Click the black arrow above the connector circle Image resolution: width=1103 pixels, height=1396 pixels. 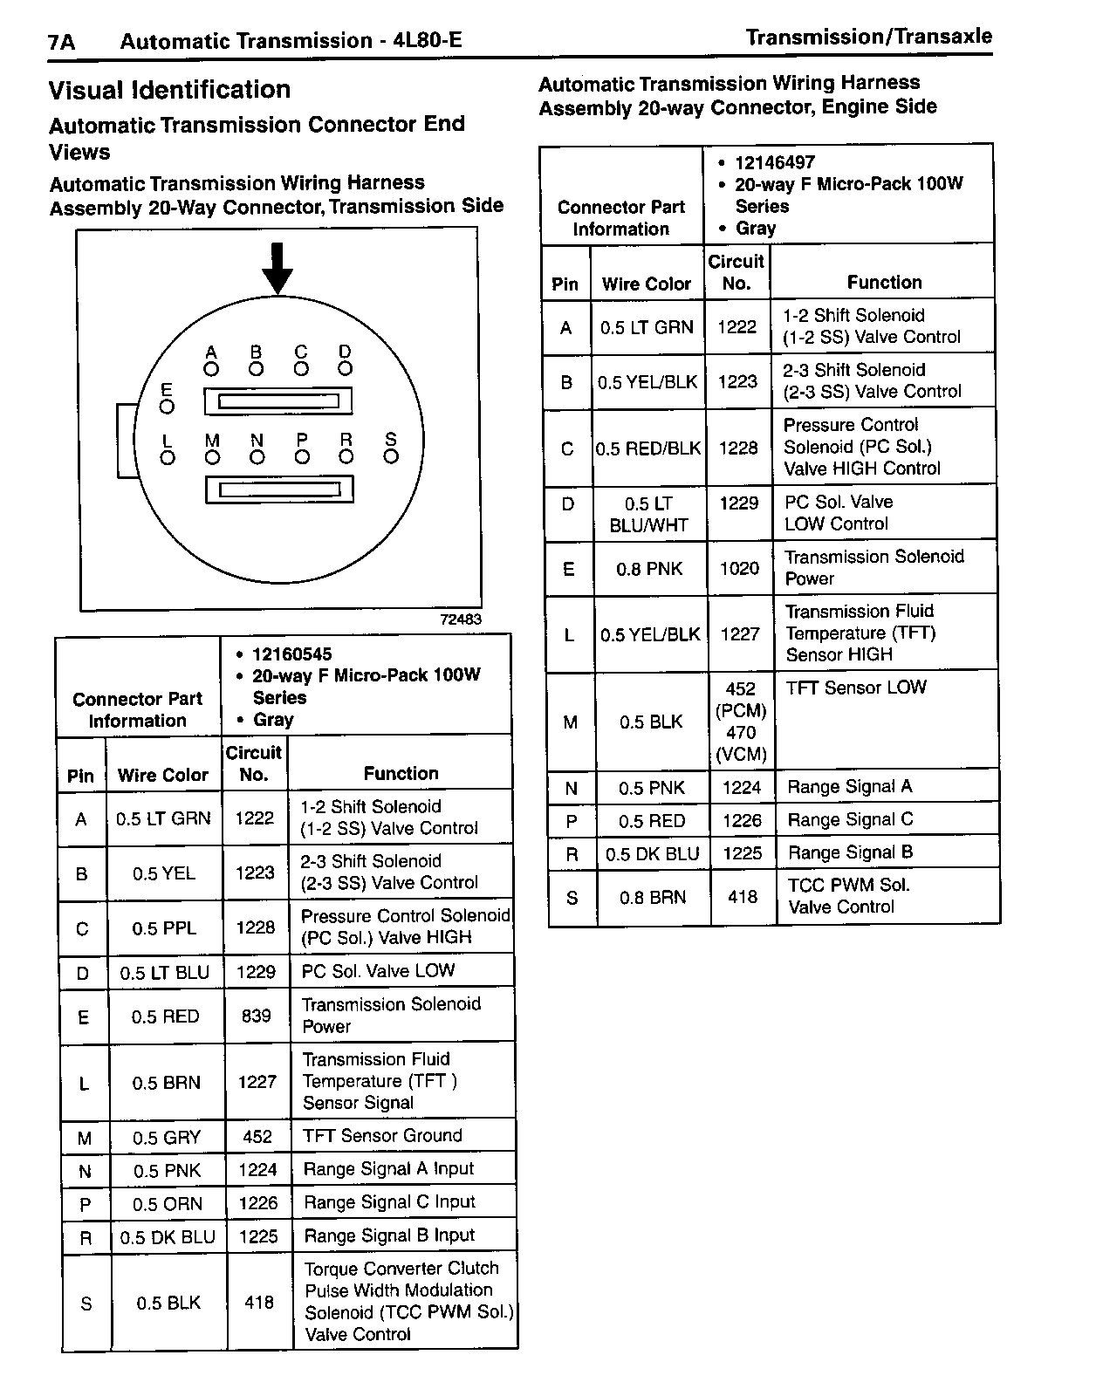tap(277, 269)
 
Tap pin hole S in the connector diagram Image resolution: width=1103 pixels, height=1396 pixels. tap(391, 456)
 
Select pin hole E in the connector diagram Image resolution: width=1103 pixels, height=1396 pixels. tap(168, 407)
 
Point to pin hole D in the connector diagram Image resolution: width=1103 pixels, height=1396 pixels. tap(346, 369)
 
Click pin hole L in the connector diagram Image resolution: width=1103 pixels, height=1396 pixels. tap(168, 457)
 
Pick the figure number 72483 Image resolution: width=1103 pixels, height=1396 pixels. tap(460, 619)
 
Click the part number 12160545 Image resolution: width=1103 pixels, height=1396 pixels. tap(291, 654)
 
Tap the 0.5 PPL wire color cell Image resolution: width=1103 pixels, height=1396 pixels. tap(164, 928)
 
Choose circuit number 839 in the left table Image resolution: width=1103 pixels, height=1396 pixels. tap(256, 1016)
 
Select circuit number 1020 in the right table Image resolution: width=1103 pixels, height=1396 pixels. tap(739, 569)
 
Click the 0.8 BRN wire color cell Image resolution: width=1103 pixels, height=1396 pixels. tap(653, 898)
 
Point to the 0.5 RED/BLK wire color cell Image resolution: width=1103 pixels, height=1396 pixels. tap(648, 448)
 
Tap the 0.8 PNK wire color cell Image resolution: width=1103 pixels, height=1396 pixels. tap(648, 570)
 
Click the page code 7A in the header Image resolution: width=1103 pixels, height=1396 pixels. tap(61, 42)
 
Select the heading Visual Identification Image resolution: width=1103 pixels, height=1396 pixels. tap(169, 90)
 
